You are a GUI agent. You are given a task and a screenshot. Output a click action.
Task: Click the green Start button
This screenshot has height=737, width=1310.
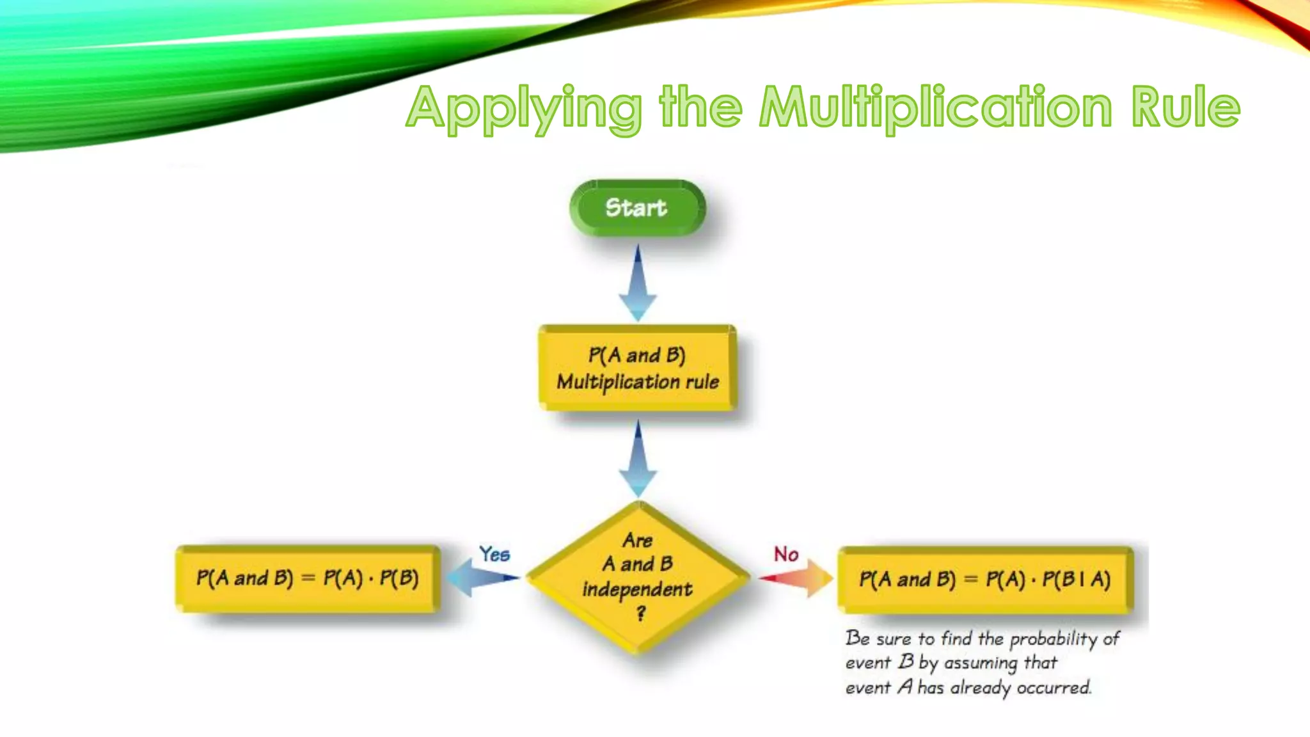[637, 208]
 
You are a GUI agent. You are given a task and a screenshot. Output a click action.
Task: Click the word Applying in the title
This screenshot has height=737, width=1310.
[523, 108]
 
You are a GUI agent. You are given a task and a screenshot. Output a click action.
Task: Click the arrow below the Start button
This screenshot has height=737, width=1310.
[638, 283]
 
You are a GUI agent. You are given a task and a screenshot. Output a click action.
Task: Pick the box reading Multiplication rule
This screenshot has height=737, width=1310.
[638, 368]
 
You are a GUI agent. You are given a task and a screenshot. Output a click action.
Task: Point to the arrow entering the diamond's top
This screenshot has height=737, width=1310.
[638, 459]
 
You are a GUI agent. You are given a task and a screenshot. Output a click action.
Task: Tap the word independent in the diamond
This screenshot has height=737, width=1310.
[637, 589]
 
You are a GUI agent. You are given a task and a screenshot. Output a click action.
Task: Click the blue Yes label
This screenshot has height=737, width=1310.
[494, 554]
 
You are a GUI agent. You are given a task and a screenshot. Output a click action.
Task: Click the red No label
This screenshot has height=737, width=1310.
[786, 554]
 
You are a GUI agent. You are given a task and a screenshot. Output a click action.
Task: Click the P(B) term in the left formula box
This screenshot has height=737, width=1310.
[399, 578]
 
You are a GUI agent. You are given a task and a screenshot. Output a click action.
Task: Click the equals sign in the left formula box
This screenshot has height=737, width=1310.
[308, 578]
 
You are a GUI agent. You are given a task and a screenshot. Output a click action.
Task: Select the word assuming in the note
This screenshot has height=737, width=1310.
[980, 663]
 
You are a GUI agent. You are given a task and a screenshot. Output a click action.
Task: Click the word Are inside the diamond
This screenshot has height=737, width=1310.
[638, 541]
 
